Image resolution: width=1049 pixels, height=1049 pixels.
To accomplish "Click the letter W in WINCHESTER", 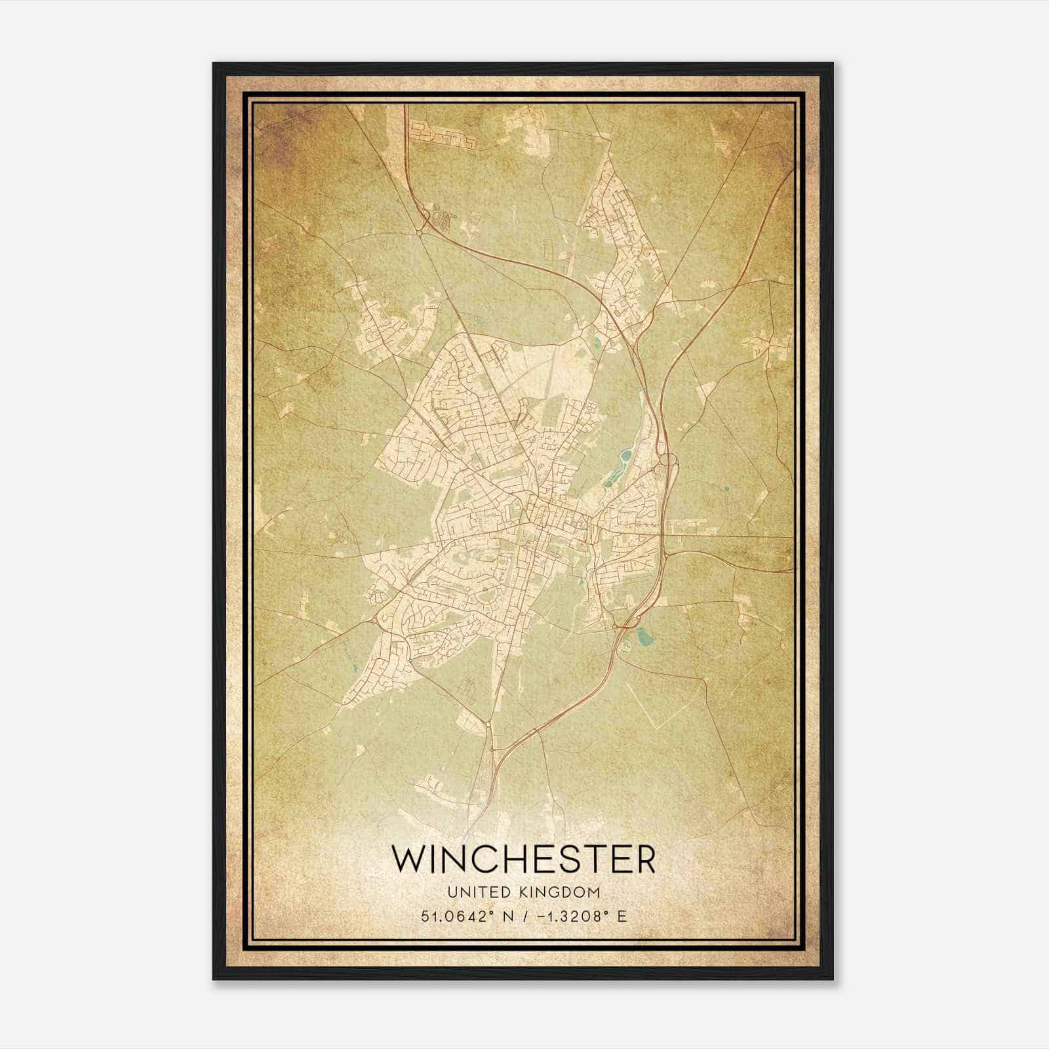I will [408, 859].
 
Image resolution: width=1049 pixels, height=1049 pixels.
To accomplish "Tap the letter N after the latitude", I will [504, 916].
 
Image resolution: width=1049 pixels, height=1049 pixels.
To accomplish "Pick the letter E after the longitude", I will [622, 916].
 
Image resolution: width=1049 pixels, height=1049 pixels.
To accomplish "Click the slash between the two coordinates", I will [521, 916].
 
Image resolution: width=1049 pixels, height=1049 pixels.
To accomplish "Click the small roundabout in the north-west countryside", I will [418, 231].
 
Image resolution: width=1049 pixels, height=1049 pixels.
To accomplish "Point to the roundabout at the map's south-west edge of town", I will [374, 618].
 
